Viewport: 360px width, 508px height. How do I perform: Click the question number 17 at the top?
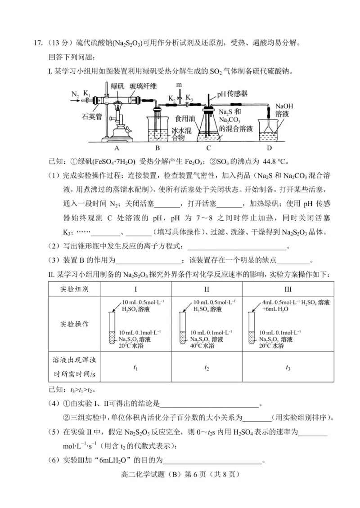[x=38, y=43]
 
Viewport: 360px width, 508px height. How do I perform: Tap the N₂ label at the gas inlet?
[x=75, y=94]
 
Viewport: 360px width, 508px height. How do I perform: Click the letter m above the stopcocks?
[x=179, y=85]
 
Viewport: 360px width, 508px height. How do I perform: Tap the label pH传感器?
[x=232, y=94]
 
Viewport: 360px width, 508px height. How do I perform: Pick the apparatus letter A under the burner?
[x=116, y=147]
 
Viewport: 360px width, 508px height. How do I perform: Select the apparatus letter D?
[x=269, y=147]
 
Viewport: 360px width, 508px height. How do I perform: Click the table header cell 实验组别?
[x=74, y=289]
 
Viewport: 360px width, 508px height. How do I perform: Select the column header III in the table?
[x=288, y=289]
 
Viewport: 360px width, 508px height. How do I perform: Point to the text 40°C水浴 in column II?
[x=202, y=346]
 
